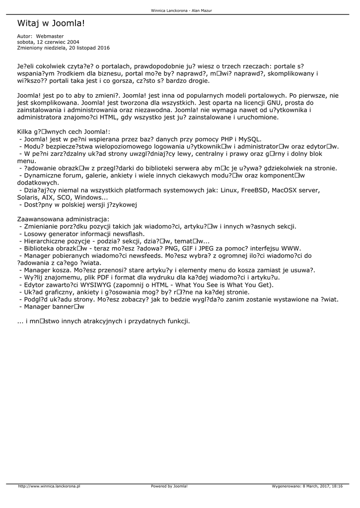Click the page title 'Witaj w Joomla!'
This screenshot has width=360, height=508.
click(51, 23)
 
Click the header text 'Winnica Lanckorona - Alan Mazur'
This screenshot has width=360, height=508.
click(179, 10)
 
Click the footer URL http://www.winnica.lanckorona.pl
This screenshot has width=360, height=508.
click(49, 486)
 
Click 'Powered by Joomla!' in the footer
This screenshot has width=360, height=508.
click(169, 486)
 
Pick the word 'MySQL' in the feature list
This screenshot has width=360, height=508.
click(249, 139)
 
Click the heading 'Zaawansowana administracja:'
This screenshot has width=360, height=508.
click(64, 219)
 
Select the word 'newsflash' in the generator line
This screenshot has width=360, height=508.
click(127, 233)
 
